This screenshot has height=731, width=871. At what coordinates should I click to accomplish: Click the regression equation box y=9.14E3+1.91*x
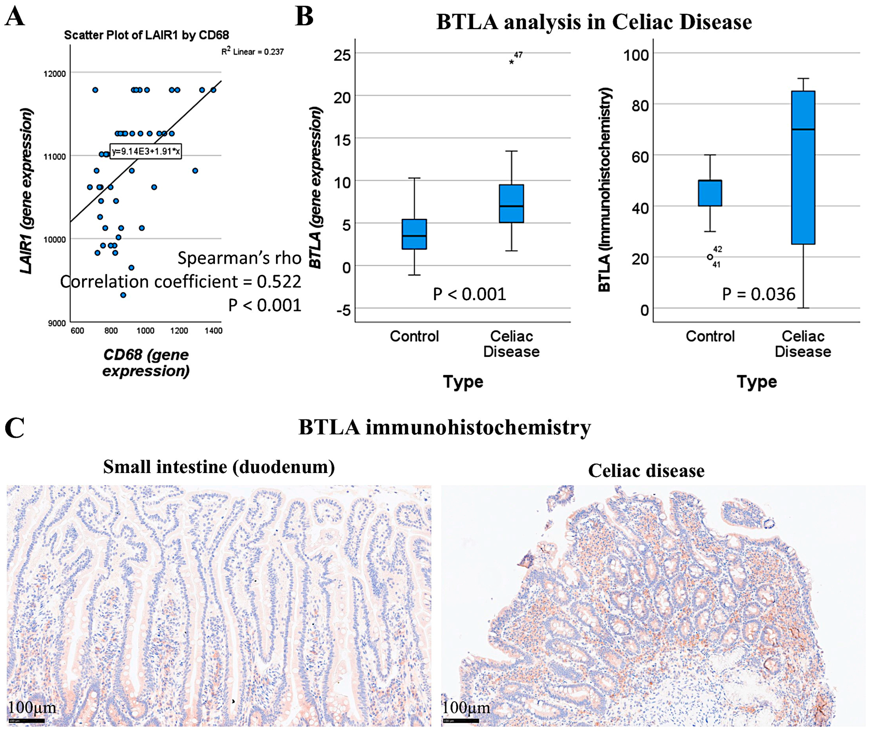click(x=145, y=151)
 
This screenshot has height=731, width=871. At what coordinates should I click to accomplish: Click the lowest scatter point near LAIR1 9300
click(x=123, y=295)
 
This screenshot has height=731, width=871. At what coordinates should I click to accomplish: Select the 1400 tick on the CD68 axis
click(x=214, y=331)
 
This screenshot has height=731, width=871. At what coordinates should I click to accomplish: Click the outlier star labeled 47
click(x=511, y=62)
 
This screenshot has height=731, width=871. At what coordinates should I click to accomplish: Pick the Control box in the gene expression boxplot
click(x=415, y=234)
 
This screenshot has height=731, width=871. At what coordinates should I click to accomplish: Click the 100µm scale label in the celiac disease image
click(x=466, y=707)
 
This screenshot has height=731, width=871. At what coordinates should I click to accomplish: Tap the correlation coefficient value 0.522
click(x=279, y=282)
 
